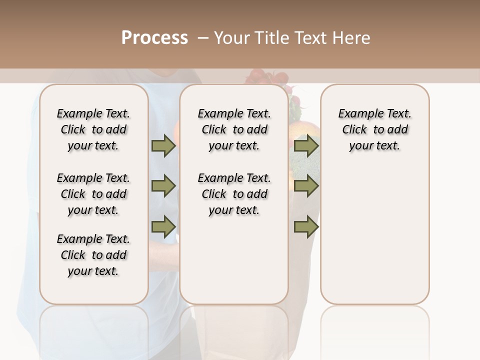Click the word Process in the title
[x=154, y=38]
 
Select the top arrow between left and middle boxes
[x=163, y=145]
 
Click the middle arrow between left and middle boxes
[x=163, y=186]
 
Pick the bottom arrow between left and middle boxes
[x=163, y=226]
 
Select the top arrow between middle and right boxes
[x=306, y=145]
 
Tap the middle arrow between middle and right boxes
[x=306, y=186]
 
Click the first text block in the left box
[x=93, y=129]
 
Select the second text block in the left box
[x=93, y=194]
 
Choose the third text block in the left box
[x=93, y=255]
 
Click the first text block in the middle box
[x=234, y=129]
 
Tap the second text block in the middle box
[x=234, y=194]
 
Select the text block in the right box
[x=374, y=129]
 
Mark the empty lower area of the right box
[x=374, y=240]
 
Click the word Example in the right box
[x=355, y=114]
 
